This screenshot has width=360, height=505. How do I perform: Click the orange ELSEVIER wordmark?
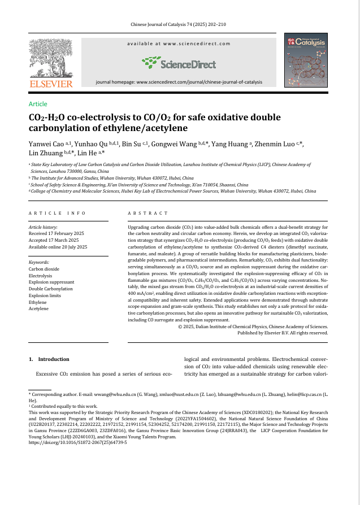point(51,84)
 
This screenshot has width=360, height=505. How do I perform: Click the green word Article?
point(38,104)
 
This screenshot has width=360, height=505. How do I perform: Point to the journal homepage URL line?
point(179,82)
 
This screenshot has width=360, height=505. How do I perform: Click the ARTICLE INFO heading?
point(57,213)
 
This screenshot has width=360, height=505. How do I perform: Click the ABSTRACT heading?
point(148,213)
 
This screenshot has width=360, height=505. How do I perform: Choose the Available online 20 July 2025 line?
point(58,247)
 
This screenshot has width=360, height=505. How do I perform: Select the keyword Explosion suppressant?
point(53,282)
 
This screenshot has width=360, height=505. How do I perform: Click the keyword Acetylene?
point(38,308)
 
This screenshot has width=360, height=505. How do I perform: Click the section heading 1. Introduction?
point(49,359)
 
